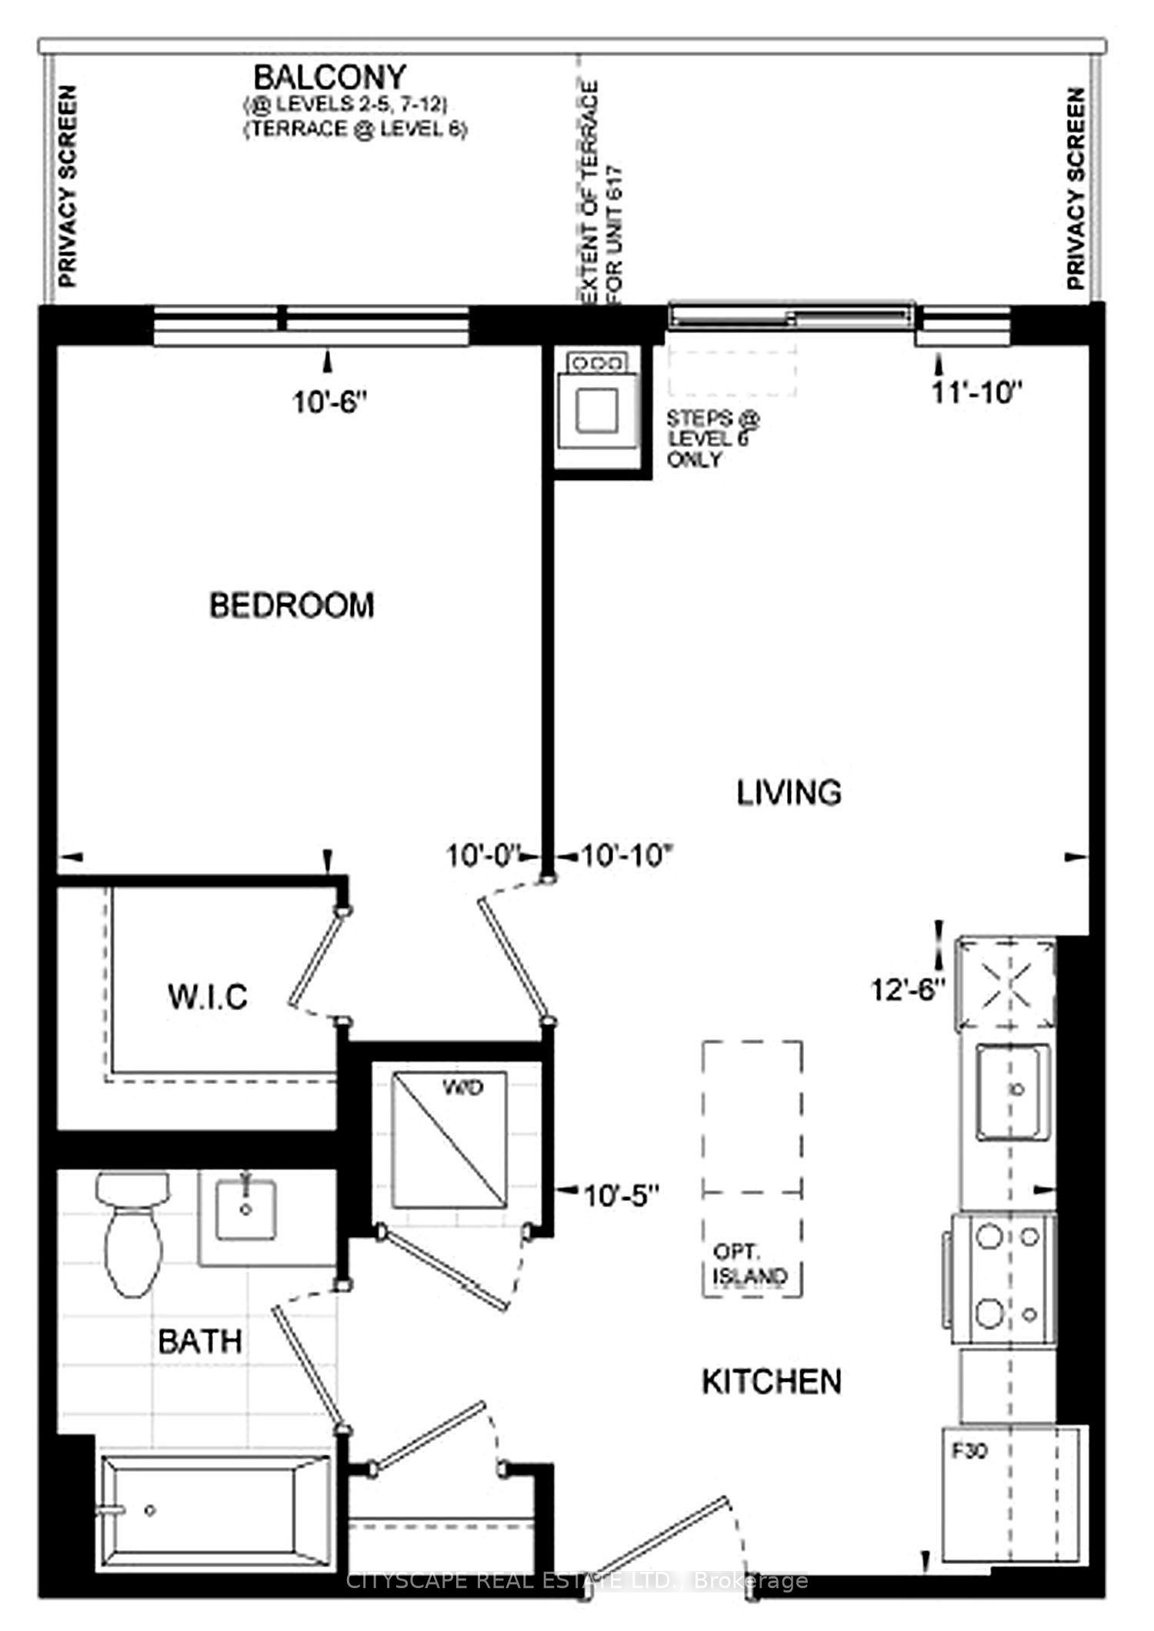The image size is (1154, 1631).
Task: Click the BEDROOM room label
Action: coord(292,605)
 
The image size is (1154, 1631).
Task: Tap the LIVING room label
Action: coord(789,792)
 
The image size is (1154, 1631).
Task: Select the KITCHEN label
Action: coord(772,1382)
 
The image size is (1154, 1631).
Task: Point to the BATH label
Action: coord(200,1341)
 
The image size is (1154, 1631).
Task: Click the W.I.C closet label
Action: coord(208,997)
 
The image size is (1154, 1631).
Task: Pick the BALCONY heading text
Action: coord(330,77)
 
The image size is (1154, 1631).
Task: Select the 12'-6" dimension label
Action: coord(908,989)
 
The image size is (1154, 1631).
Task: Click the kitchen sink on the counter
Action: coord(1014,1091)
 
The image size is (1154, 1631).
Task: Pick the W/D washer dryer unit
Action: coord(449,1139)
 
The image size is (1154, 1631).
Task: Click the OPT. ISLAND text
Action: coord(750,1266)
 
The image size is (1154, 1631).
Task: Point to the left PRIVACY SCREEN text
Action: coord(68,187)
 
